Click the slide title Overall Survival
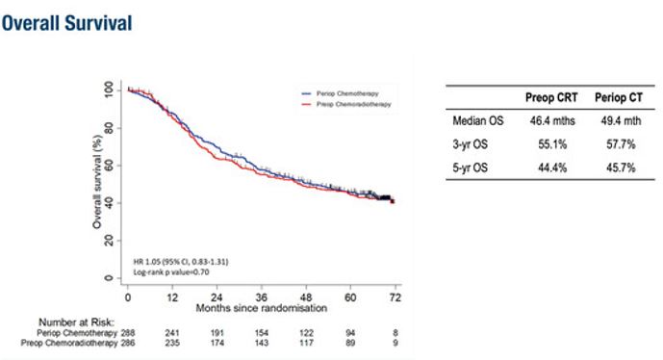[x=67, y=21]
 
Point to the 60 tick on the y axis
[x=112, y=165]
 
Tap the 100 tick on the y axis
[x=112, y=89]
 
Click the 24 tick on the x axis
[x=218, y=298]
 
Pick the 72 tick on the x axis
[x=394, y=298]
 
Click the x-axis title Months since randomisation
[x=262, y=308]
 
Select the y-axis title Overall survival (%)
[x=97, y=183]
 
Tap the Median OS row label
[x=478, y=121]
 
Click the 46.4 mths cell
[x=548, y=121]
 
